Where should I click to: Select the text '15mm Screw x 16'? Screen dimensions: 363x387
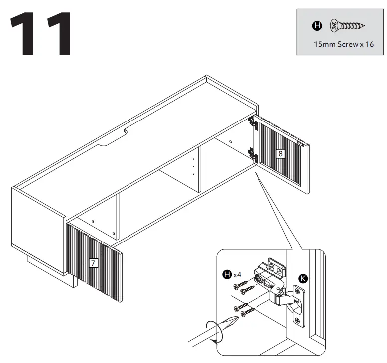(343, 44)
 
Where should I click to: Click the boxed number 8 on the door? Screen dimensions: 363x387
(280, 154)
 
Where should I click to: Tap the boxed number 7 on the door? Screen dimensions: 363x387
(93, 264)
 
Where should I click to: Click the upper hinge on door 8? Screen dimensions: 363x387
(253, 122)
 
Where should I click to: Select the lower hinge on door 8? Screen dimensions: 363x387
(253, 155)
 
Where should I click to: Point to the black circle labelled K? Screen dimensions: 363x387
(302, 279)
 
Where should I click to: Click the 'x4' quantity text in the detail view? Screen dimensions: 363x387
(238, 274)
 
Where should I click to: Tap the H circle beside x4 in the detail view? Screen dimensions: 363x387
(227, 274)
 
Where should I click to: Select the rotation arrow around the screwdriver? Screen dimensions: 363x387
(215, 331)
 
